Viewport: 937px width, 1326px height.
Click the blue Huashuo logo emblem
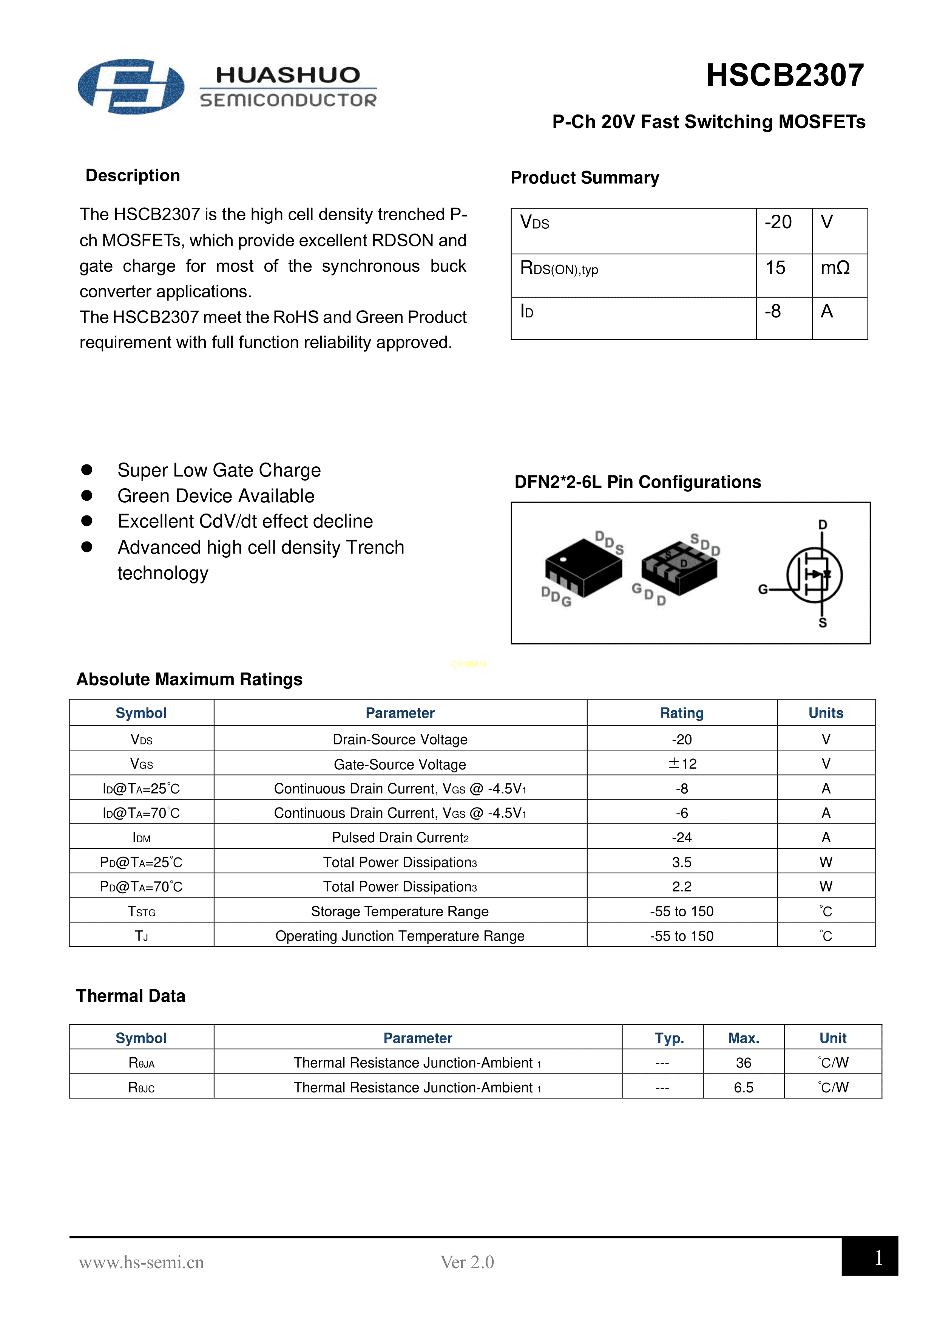pyautogui.click(x=131, y=87)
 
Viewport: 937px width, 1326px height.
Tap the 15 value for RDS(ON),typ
pyautogui.click(x=775, y=268)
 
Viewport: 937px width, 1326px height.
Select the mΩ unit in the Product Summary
pyautogui.click(x=835, y=268)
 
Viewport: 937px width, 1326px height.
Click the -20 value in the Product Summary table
pyautogui.click(x=778, y=222)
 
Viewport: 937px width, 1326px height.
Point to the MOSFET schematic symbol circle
pyautogui.click(x=814, y=575)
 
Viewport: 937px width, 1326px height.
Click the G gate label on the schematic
pyautogui.click(x=763, y=590)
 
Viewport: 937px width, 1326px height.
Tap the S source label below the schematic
pyautogui.click(x=823, y=623)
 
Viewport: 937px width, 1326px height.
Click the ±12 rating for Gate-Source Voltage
pyautogui.click(x=682, y=763)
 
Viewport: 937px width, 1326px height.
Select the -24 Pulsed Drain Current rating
pyautogui.click(x=682, y=837)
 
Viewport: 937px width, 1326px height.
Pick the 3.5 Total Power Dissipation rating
pyautogui.click(x=682, y=862)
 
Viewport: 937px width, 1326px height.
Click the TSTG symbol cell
pyautogui.click(x=142, y=911)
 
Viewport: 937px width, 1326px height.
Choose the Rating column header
pyautogui.click(x=682, y=713)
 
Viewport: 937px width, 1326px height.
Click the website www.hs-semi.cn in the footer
pyautogui.click(x=142, y=1262)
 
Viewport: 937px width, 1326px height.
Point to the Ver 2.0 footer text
pyautogui.click(x=467, y=1262)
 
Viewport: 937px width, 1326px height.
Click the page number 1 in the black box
pyautogui.click(x=878, y=1257)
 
